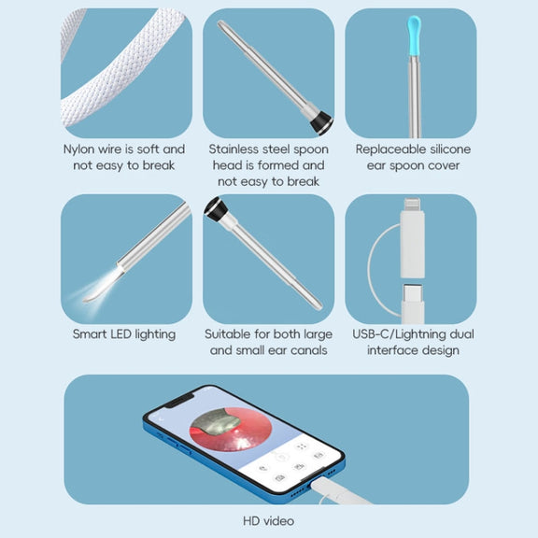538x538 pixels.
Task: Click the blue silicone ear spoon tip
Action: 414,35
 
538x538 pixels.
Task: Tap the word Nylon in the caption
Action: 79,149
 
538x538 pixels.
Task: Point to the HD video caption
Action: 269,521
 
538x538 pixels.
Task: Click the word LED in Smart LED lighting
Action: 120,334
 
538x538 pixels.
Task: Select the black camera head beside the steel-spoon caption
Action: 321,122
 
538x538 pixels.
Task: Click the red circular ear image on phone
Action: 231,429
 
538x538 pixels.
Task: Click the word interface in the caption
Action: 391,350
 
